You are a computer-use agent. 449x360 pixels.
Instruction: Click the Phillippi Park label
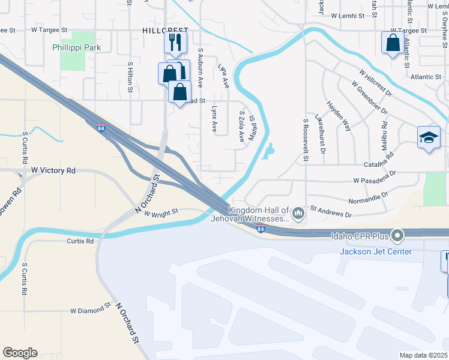pos(85,47)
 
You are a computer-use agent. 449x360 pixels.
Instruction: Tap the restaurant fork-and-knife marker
pos(175,42)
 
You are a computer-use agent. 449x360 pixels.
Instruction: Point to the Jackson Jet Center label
pos(376,251)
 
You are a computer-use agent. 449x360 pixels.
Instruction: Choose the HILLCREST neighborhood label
pos(166,30)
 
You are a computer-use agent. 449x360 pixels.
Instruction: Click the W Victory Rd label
pos(53,171)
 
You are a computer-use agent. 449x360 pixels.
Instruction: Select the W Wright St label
pos(161,212)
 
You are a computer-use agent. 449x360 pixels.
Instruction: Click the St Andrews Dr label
pos(331,213)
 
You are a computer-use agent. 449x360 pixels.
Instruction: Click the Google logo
pos(20,353)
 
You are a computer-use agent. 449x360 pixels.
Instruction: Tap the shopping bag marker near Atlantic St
pos(393,43)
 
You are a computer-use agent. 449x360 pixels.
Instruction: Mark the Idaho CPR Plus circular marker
pos(397,235)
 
